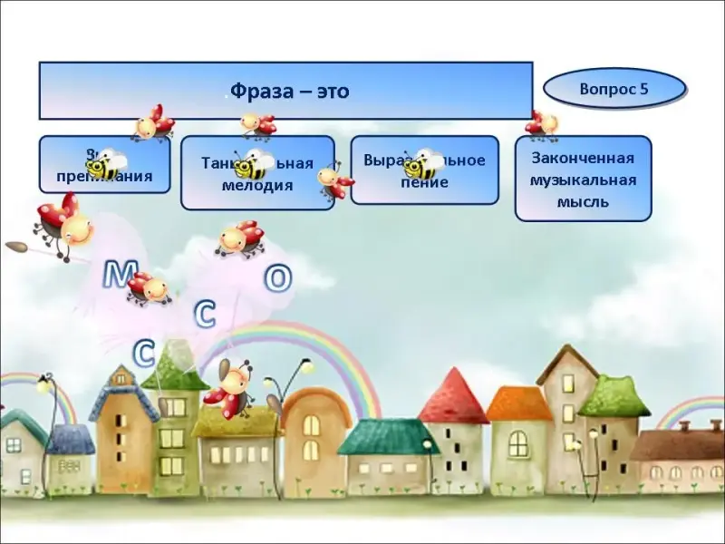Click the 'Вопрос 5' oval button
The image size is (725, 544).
pyautogui.click(x=614, y=90)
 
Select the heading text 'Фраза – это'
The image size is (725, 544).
pyautogui.click(x=289, y=92)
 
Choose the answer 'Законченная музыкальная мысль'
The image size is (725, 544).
pyautogui.click(x=583, y=178)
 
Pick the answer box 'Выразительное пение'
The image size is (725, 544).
pyautogui.click(x=424, y=170)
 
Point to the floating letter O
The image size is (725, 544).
pyautogui.click(x=277, y=278)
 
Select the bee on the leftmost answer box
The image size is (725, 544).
pyautogui.click(x=104, y=164)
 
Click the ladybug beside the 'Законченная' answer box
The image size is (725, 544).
pyautogui.click(x=542, y=123)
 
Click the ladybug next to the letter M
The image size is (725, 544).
pyautogui.click(x=149, y=288)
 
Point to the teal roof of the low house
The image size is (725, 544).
pyautogui.click(x=387, y=436)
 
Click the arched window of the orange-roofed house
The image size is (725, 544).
pyautogui.click(x=517, y=442)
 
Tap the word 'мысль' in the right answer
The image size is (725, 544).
pyautogui.click(x=583, y=201)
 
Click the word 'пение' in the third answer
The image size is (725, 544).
pyautogui.click(x=424, y=181)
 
